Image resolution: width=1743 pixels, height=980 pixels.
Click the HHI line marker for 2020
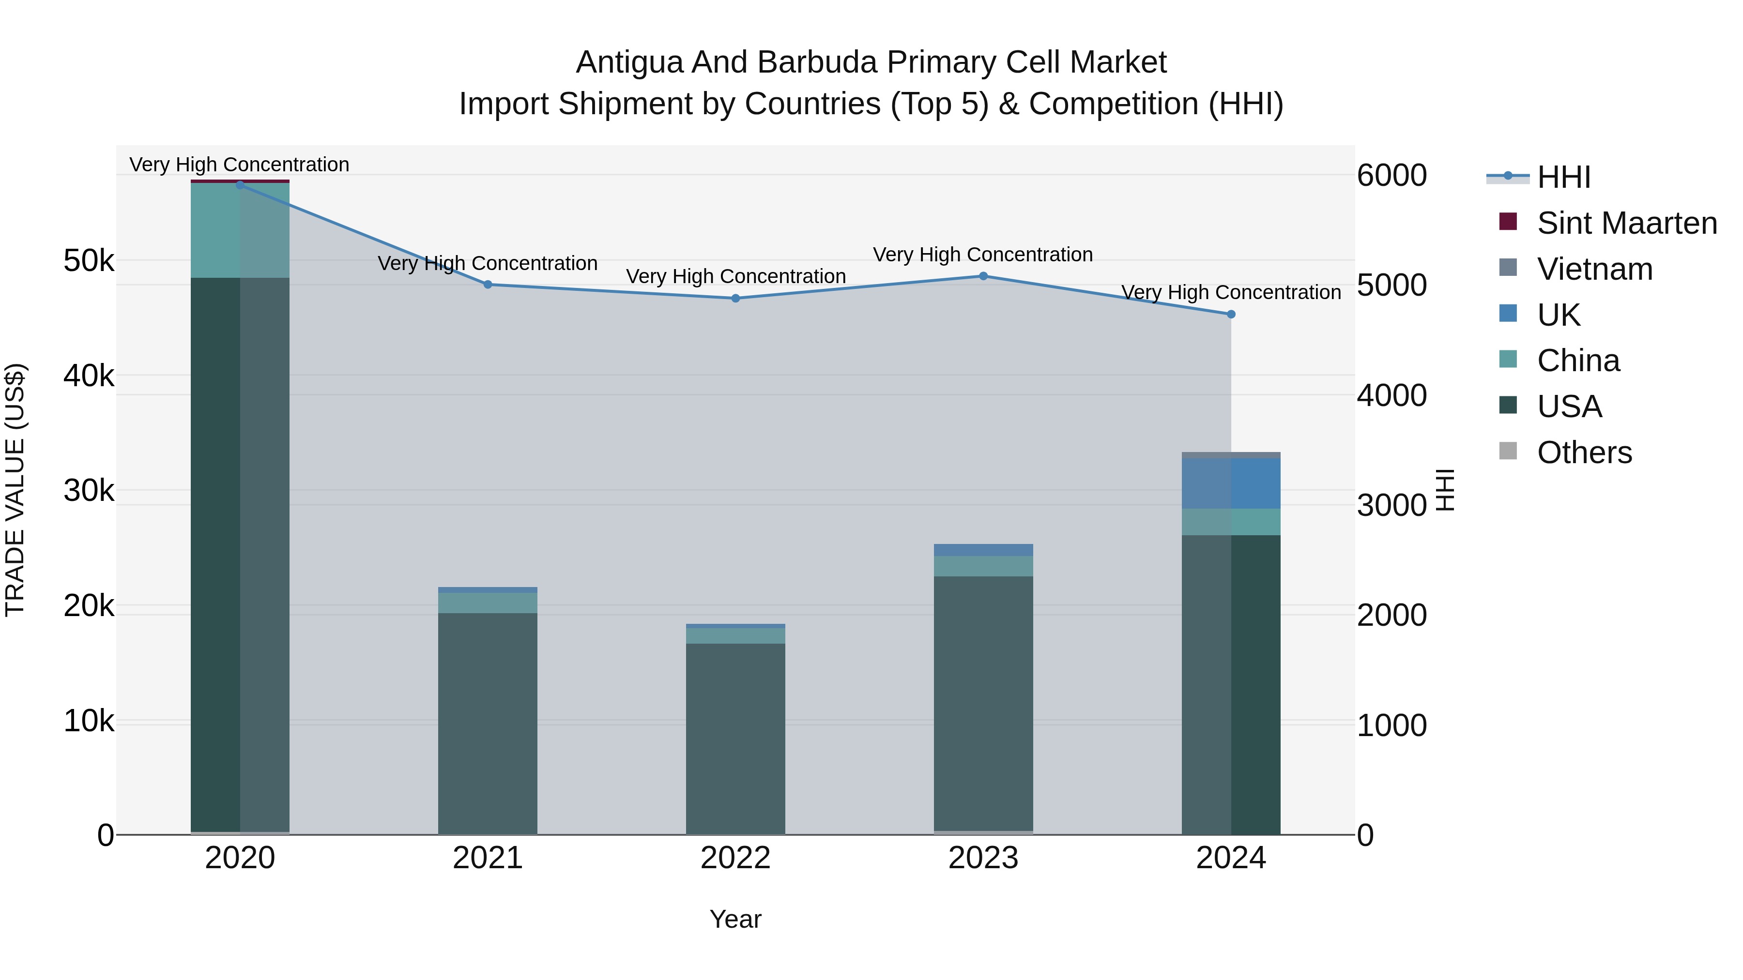(240, 185)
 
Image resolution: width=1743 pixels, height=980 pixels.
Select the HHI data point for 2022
(735, 298)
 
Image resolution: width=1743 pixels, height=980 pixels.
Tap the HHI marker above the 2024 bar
(1231, 315)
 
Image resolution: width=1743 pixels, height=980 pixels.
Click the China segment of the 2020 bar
(240, 230)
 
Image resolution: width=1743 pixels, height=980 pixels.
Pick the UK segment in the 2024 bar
(1231, 483)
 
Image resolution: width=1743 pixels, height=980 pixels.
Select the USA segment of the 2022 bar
(735, 737)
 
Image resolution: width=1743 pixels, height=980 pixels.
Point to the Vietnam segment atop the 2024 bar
(1231, 455)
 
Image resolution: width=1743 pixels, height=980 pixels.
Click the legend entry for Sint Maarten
(1627, 223)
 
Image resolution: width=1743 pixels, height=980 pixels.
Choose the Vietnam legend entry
(1594, 269)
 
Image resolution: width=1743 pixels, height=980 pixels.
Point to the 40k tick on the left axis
(89, 376)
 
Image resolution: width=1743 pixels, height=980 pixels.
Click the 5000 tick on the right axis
(1392, 286)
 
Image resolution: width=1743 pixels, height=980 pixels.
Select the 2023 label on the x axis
(983, 858)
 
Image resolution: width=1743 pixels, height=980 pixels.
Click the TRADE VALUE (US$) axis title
(15, 490)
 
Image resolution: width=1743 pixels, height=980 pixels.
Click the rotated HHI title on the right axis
(1445, 490)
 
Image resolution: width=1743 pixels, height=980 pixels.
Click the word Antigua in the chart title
(629, 62)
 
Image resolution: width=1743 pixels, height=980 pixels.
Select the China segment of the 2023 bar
(983, 566)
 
